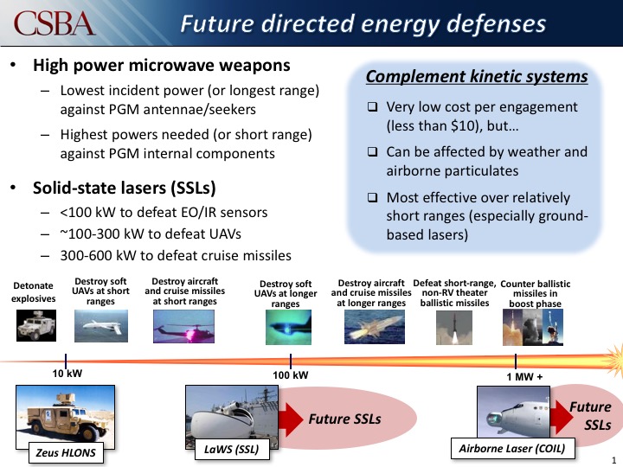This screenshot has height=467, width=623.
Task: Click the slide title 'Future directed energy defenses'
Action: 363,23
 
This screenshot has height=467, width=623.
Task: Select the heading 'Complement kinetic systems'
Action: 477,77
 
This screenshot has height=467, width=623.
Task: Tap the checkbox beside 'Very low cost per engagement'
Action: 372,108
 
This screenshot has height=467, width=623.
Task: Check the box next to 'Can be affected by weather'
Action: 372,152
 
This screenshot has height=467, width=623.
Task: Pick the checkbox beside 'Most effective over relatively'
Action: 372,197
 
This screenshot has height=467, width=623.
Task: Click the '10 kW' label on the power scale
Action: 67,374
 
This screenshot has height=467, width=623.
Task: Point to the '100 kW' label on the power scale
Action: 291,374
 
